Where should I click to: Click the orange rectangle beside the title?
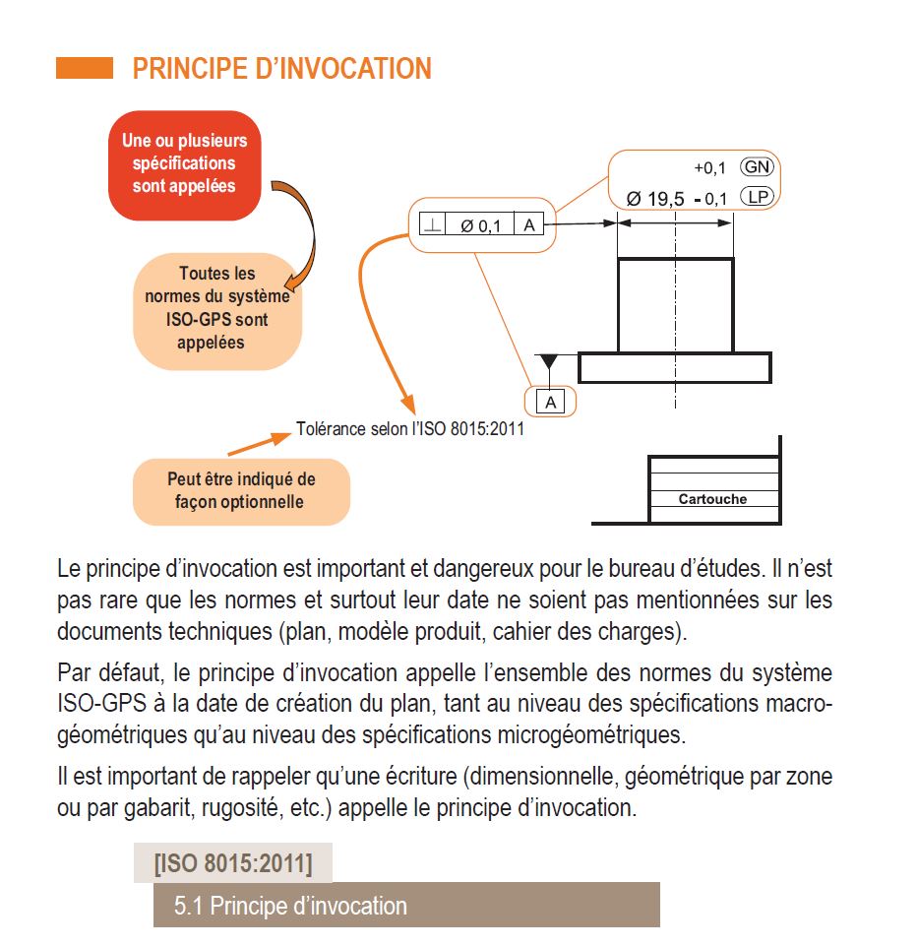(87, 68)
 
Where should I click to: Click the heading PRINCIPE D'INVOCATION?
(281, 69)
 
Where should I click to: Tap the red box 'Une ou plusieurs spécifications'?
(184, 163)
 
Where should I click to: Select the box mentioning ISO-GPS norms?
(216, 308)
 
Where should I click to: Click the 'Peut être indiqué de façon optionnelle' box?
(241, 490)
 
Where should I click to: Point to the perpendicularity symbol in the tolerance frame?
(433, 225)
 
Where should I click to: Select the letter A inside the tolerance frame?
(529, 225)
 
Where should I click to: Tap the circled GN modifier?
(758, 166)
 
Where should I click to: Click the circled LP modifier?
(758, 197)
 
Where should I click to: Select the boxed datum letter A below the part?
(551, 402)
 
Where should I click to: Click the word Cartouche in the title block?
(712, 499)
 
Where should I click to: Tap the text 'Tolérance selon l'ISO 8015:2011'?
(410, 429)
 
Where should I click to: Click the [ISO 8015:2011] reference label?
(233, 863)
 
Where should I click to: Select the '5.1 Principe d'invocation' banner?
(405, 905)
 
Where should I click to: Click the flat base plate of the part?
(674, 367)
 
